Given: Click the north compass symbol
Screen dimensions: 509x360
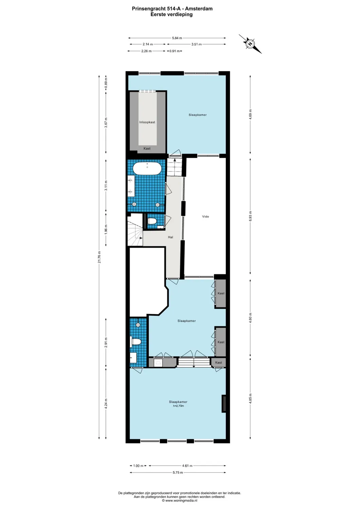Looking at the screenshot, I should pos(250,44).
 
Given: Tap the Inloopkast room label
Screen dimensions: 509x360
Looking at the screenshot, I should pos(147,122).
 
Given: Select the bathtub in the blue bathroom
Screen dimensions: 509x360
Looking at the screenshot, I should pos(147,169).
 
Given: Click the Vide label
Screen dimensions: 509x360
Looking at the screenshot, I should pos(205,216).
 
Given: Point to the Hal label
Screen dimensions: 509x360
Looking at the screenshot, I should pos(170,237).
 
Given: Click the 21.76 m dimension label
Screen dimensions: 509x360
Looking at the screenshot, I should pos(99,257).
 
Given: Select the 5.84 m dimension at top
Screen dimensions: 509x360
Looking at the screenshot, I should pos(177,38).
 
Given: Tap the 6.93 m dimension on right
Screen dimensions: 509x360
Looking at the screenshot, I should pos(250,216).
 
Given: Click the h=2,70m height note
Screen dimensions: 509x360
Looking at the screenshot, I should pos(178,406).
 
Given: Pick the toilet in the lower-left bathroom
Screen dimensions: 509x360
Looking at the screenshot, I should pos(136,341).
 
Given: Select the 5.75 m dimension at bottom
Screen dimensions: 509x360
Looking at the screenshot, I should pos(178,472).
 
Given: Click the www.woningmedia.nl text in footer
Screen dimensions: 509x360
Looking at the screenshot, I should pos(181,501).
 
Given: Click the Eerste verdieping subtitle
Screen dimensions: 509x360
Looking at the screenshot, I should pos(172,15).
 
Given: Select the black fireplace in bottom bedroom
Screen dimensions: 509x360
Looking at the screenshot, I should pos(224,404).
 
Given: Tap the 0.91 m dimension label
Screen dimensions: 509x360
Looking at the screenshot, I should pos(175,51).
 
